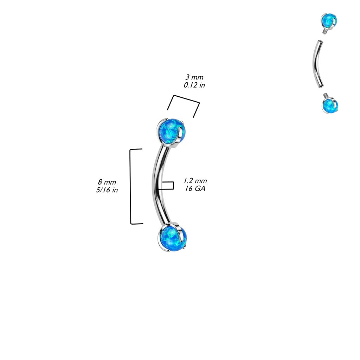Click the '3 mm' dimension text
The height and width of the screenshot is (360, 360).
(x=194, y=77)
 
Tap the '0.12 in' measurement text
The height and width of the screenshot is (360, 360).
(x=194, y=85)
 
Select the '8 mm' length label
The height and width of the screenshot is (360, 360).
(x=107, y=182)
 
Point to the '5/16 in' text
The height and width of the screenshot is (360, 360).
(x=108, y=190)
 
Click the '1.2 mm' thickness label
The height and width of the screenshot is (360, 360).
(x=195, y=181)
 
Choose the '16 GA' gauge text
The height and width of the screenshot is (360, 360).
(x=195, y=189)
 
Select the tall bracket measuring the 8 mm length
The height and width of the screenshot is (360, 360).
(x=131, y=186)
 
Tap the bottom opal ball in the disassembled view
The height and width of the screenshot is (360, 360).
(x=330, y=106)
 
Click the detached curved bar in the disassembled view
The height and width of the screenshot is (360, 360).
(x=316, y=63)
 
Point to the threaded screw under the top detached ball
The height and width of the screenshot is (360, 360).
(x=325, y=32)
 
